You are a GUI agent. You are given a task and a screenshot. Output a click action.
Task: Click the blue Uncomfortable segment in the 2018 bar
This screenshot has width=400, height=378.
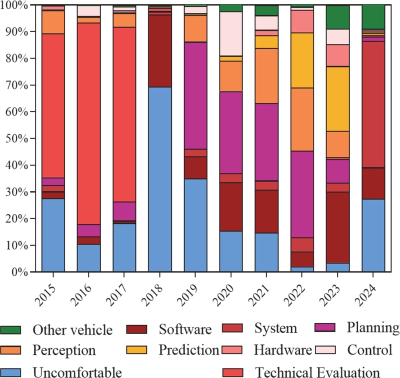159,179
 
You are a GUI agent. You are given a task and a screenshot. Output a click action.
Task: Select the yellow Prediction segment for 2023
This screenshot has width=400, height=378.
337,99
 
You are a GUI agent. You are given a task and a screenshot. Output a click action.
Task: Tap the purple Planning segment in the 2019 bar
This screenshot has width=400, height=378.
195,95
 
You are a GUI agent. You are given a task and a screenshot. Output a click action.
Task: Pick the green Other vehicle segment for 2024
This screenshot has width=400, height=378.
373,17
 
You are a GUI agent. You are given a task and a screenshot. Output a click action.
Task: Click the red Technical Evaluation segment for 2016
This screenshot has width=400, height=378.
89,123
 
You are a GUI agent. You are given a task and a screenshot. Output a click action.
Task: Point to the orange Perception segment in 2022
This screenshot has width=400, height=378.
302,119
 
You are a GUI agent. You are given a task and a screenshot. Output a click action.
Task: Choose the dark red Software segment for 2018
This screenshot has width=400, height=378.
159,51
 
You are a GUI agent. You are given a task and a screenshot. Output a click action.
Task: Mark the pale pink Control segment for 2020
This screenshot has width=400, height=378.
231,34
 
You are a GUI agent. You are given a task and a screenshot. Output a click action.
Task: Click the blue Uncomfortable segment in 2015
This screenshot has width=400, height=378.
53,235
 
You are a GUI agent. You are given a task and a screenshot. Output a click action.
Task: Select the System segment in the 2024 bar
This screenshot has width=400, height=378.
373,104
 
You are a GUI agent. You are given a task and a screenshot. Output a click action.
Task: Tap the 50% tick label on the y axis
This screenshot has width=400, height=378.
16,139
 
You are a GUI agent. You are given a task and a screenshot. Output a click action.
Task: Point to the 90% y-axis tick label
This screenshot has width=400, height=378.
16,32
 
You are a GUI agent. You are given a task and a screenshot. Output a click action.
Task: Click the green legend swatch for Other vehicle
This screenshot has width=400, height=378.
10,329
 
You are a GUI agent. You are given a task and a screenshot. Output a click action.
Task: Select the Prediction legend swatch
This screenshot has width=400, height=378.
136,349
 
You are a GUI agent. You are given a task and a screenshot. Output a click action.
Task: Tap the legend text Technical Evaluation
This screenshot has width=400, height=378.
317,372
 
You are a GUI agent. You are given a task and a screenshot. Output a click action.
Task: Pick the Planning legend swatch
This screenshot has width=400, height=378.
325,327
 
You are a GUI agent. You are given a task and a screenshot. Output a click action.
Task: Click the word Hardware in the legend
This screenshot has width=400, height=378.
283,349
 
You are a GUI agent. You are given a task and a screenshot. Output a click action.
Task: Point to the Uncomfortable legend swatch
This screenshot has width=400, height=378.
10,372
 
